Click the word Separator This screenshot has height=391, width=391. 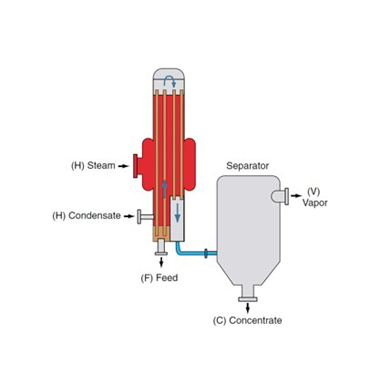click(247, 166)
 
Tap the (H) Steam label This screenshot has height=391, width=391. click(93, 165)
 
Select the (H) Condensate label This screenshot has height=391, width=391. click(87, 216)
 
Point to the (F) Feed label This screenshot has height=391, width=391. click(159, 278)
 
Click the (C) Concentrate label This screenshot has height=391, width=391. click(247, 321)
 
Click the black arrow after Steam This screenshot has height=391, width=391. click(123, 166)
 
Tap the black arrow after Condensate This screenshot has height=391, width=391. click(129, 216)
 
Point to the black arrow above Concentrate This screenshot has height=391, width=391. click(248, 308)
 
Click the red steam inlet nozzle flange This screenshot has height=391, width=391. click(134, 166)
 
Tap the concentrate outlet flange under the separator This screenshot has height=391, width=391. click(248, 299)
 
